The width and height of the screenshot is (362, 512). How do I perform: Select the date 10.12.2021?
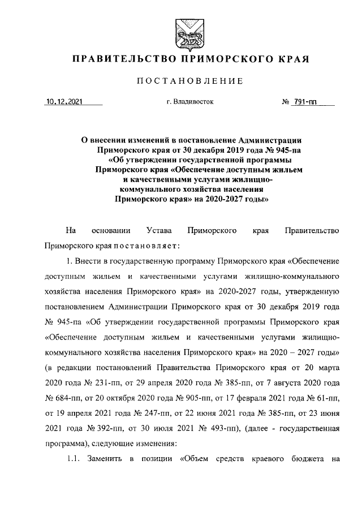pyautogui.click(x=64, y=102)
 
